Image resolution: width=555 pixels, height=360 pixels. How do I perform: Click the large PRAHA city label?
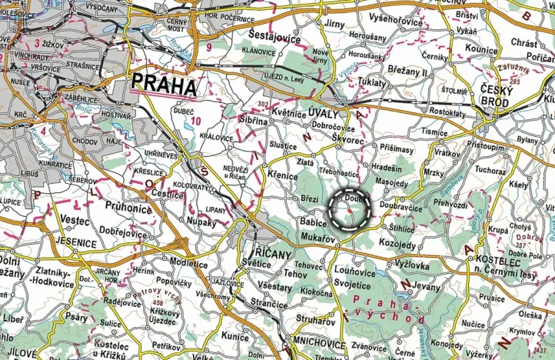[x=164, y=84]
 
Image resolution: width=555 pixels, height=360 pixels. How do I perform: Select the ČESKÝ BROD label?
[x=503, y=93]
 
